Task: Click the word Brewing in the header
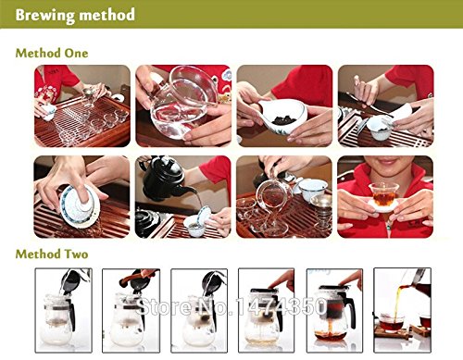pyautogui.click(x=44, y=16)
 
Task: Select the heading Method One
pyautogui.click(x=52, y=53)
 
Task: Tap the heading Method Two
pyautogui.click(x=52, y=254)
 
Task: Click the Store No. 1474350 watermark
pyautogui.click(x=231, y=306)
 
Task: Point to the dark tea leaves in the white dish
pyautogui.click(x=284, y=119)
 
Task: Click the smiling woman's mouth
pyautogui.click(x=387, y=161)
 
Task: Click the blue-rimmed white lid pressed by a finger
pyautogui.click(x=80, y=205)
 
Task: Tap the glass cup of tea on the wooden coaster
pyautogui.click(x=392, y=323)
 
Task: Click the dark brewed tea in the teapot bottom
pyautogui.click(x=331, y=334)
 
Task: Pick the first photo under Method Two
pyautogui.click(x=64, y=310)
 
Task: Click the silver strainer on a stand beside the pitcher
pyautogui.click(x=321, y=210)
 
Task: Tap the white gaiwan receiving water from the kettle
pyautogui.click(x=196, y=224)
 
